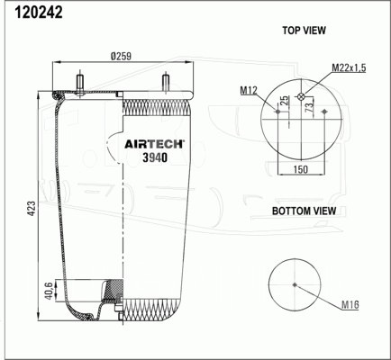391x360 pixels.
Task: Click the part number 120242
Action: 39,13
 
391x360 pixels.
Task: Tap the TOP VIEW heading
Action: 304,31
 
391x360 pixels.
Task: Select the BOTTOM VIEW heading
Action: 304,211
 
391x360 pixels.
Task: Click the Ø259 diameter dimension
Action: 121,56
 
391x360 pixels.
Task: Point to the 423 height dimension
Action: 32,208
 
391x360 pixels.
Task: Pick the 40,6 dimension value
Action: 49,290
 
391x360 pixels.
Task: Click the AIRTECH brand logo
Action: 154,144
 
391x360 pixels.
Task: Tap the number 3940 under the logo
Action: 155,157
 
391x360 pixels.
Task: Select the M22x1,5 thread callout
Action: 349,68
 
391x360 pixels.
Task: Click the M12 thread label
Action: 249,90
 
